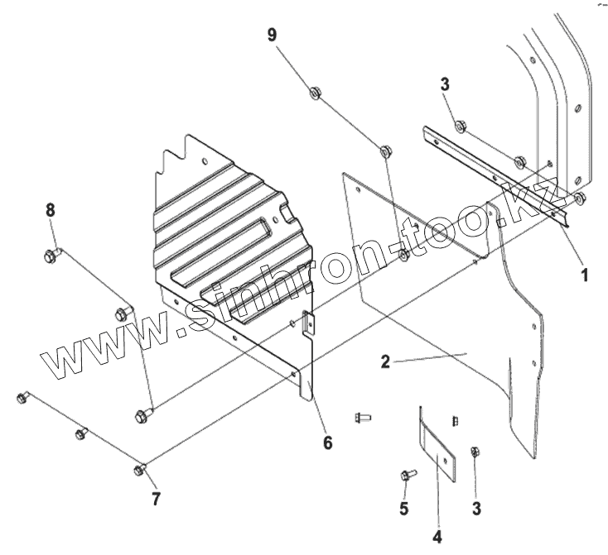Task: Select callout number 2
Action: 386,361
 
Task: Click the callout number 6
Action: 328,443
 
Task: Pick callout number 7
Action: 156,499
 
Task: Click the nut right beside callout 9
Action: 316,93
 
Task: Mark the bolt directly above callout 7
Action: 140,471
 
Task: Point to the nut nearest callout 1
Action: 579,198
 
